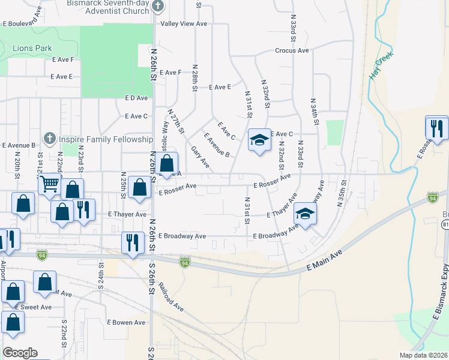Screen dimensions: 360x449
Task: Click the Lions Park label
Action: pyautogui.click(x=32, y=48)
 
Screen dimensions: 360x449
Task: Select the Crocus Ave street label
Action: pyautogui.click(x=292, y=50)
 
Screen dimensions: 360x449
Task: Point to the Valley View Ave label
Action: pyautogui.click(x=184, y=24)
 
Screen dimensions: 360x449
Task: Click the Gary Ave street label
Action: pyautogui.click(x=200, y=157)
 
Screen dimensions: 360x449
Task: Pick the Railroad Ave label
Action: pyautogui.click(x=171, y=297)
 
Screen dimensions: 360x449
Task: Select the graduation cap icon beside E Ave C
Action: pyautogui.click(x=259, y=140)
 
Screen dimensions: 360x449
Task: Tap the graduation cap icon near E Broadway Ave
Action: pyautogui.click(x=305, y=214)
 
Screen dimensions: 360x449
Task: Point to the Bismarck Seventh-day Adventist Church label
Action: pyautogui.click(x=108, y=7)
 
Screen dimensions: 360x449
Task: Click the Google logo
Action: pyautogui.click(x=20, y=352)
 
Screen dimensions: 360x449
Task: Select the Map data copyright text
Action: pyautogui.click(x=423, y=355)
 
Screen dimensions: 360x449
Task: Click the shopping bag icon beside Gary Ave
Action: pyautogui.click(x=168, y=163)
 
